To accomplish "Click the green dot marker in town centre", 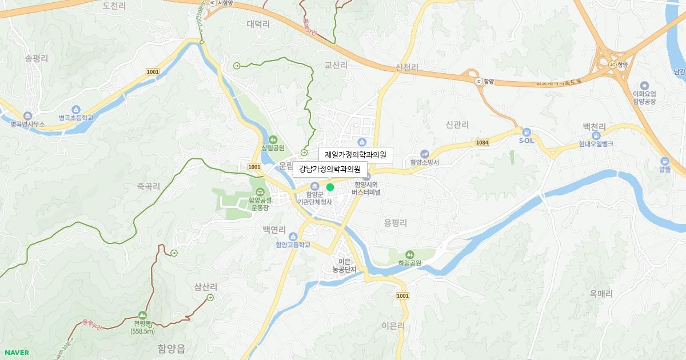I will pos(330,187).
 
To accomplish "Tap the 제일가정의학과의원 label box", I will pos(356,155).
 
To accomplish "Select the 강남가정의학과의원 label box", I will pos(330,169).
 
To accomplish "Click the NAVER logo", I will pos(15,353).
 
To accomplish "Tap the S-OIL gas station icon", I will pos(526,131).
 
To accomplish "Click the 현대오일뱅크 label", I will pos(595,144).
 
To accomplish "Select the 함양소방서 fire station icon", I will pos(424,153).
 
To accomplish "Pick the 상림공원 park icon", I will pos(273,139).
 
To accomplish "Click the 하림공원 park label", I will pos(409,263).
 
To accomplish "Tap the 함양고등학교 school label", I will pos(293,245).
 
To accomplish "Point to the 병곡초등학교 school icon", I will pos(75,109).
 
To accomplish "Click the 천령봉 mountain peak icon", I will pos(142,315).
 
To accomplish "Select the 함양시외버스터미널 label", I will pos(366,189).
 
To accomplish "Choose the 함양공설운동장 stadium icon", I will pos(260,192).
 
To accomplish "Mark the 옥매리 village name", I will pos(601,294).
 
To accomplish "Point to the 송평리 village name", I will pos(37,58).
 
